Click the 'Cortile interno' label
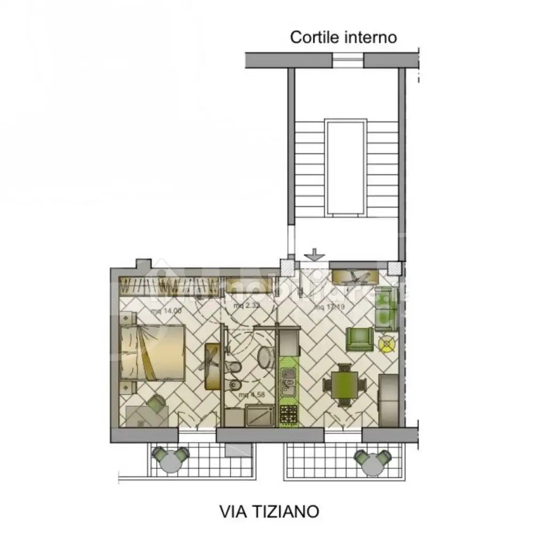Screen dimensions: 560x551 pos(343,37)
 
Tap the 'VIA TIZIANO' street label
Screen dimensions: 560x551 pos(269,511)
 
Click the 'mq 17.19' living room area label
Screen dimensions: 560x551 pos(328,307)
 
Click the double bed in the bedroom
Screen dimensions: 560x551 pos(152,353)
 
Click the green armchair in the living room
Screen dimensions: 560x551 pos(360,339)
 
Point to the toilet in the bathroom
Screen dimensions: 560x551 pos(233,366)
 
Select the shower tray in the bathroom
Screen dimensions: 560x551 pos(260,415)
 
